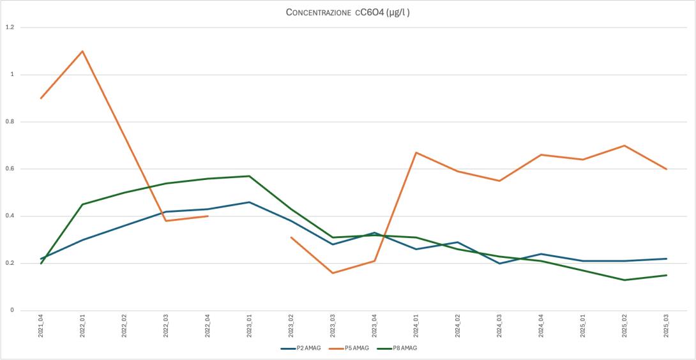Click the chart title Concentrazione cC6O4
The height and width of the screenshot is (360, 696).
pyautogui.click(x=347, y=12)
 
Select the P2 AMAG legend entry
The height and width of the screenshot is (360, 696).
pyautogui.click(x=299, y=348)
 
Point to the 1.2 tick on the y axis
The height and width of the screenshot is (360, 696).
pyautogui.click(x=10, y=27)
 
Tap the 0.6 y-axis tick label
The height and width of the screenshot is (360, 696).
pyautogui.click(x=10, y=169)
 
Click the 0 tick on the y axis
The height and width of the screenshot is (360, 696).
pyautogui.click(x=11, y=311)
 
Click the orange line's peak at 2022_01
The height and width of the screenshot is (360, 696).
pyautogui.click(x=82, y=51)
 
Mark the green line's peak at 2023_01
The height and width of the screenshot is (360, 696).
pyautogui.click(x=250, y=176)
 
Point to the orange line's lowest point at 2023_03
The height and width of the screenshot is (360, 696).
pyautogui.click(x=333, y=273)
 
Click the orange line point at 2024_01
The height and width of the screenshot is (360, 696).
pyautogui.click(x=416, y=153)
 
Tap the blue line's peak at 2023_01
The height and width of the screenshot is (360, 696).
pyautogui.click(x=250, y=202)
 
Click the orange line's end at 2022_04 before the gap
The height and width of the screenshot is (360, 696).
pyautogui.click(x=208, y=216)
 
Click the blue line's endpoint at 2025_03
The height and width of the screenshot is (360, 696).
pyautogui.click(x=667, y=259)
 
